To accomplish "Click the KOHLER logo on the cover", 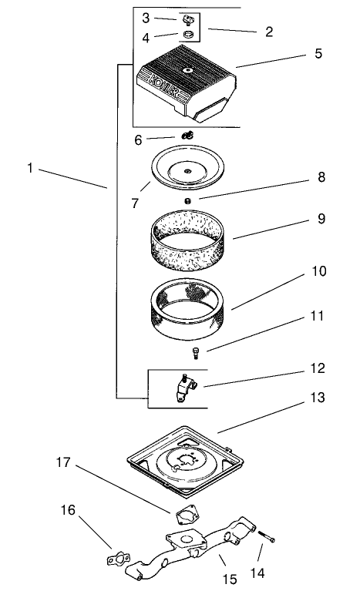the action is [163, 86].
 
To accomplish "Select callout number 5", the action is [318, 53].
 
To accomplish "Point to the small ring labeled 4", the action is [188, 35].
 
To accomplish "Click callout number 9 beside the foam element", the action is [321, 219].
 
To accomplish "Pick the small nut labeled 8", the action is [187, 201].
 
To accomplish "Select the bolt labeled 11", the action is [196, 354].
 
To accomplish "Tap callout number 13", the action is [317, 398].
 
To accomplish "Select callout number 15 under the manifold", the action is [230, 579].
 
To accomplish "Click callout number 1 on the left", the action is [30, 168].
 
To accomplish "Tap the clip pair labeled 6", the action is [188, 135].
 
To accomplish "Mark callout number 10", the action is [318, 271].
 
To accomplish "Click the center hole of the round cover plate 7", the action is [187, 172].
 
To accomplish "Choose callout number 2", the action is [269, 32].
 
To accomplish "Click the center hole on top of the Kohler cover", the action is [187, 70].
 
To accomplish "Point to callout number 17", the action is [63, 462].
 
